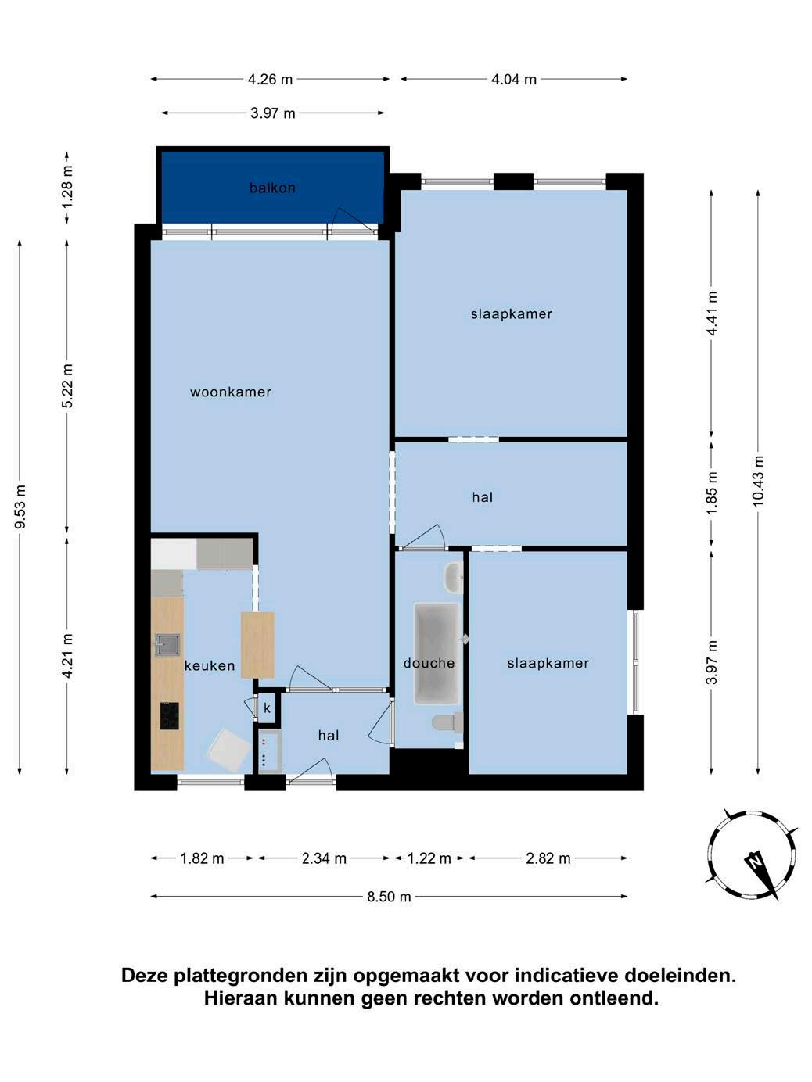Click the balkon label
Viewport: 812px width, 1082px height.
click(x=272, y=188)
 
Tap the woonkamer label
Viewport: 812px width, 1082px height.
click(x=231, y=392)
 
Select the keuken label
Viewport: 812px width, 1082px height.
click(x=210, y=666)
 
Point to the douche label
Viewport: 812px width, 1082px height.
click(x=429, y=663)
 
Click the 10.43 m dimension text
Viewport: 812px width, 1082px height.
click(x=758, y=481)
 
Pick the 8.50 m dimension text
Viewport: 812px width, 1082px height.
click(x=389, y=897)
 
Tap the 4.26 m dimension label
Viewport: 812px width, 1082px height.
click(x=270, y=80)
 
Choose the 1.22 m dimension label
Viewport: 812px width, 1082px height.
click(x=429, y=858)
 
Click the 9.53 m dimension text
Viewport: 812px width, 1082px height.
click(x=20, y=507)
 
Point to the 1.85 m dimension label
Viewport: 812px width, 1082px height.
click(x=711, y=493)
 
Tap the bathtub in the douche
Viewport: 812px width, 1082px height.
click(x=437, y=653)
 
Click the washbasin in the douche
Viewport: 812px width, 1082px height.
click(x=453, y=577)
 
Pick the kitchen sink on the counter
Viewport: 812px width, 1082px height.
click(x=167, y=644)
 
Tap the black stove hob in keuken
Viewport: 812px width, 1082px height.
click(x=169, y=716)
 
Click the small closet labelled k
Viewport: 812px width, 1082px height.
click(x=268, y=708)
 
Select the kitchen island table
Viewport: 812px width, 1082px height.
click(x=257, y=645)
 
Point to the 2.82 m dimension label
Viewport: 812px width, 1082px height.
click(x=548, y=858)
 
